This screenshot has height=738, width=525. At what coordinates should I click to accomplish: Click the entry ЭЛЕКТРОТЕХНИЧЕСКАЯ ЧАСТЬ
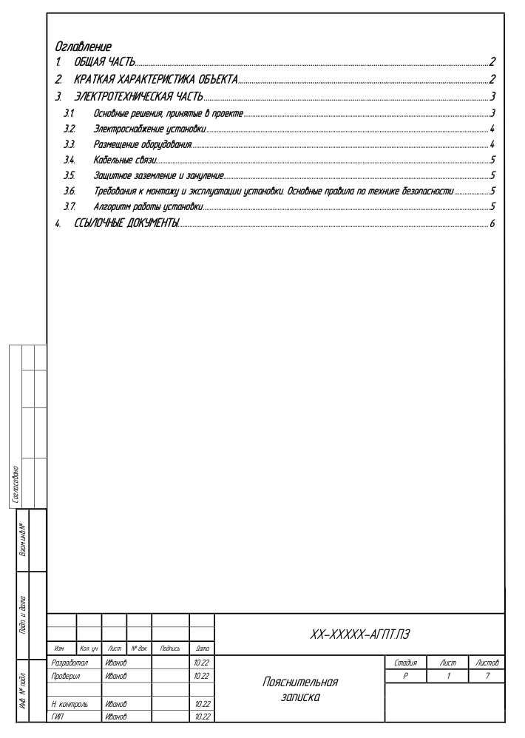point(137,97)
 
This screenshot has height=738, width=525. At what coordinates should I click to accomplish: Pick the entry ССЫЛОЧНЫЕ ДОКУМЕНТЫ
point(126,223)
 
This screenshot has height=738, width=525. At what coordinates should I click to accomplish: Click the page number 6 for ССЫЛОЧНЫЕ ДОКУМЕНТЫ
point(492,223)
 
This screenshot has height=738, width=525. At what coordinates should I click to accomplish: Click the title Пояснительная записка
point(301,689)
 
